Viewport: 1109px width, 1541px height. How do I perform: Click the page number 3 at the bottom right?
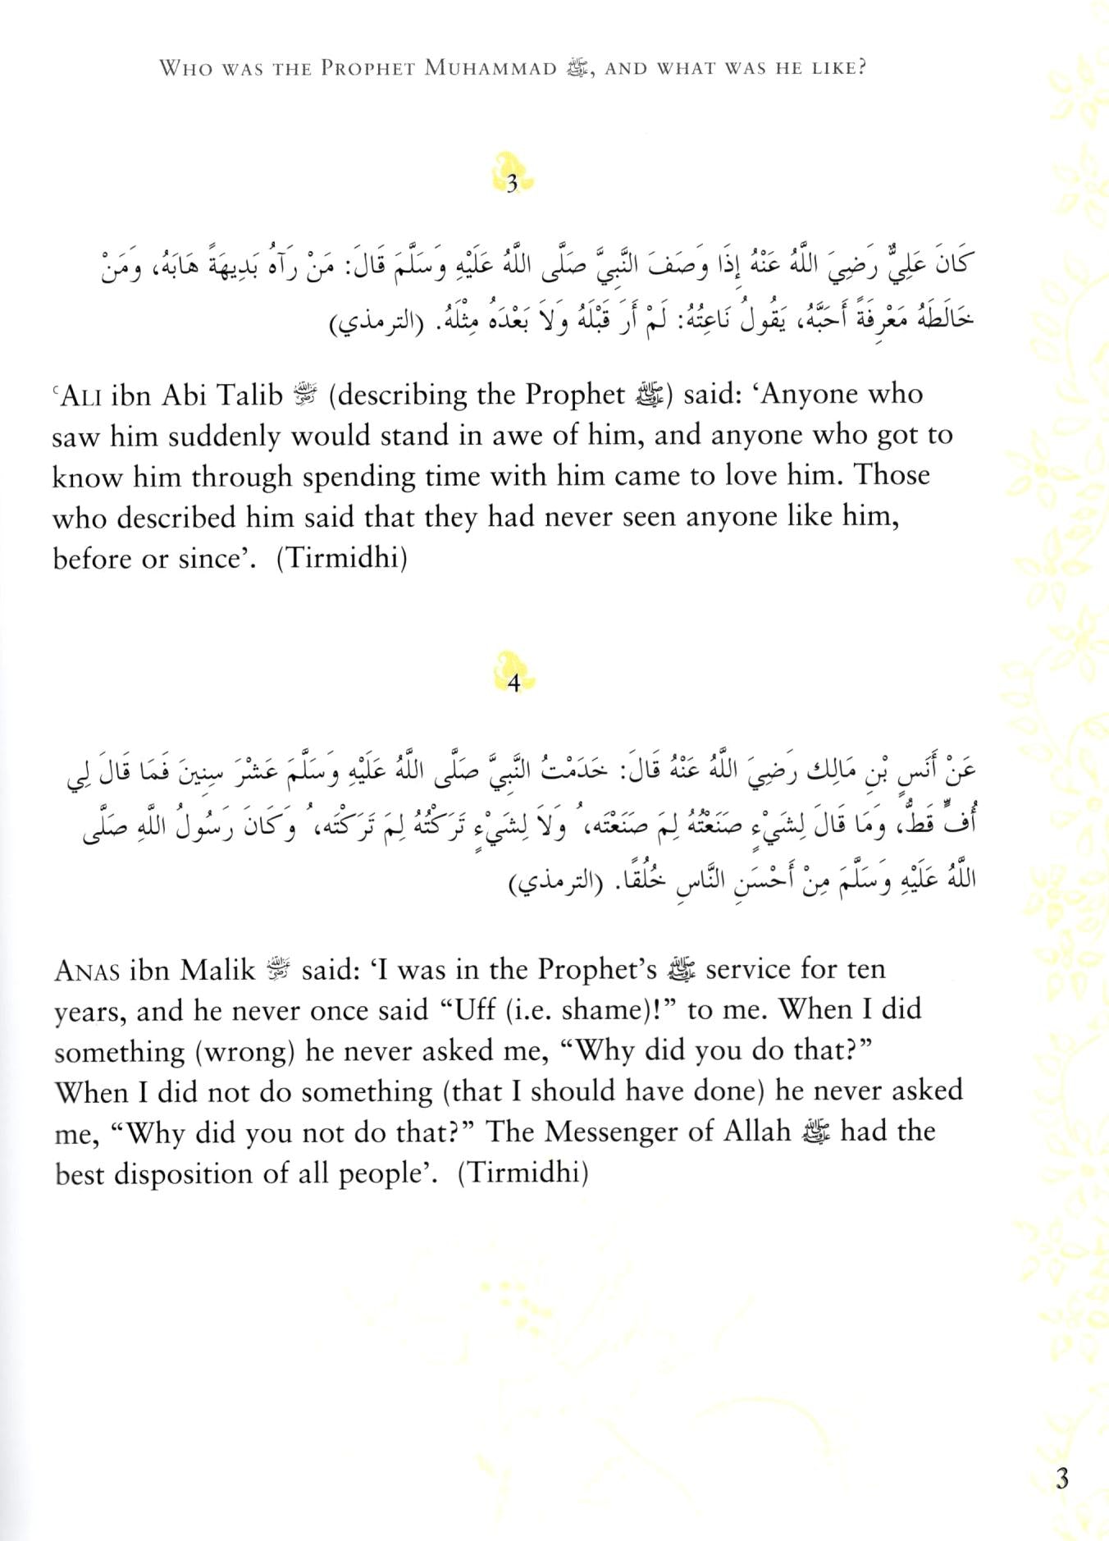(x=1062, y=1479)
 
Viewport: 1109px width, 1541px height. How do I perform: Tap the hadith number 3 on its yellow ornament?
(x=513, y=185)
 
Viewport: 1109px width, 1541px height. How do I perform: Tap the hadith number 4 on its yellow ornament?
(x=514, y=684)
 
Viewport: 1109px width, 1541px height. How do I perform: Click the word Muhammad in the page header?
(x=491, y=68)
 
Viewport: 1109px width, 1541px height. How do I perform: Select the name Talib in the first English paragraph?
(x=245, y=396)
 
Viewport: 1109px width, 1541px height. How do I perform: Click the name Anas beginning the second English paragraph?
(x=88, y=972)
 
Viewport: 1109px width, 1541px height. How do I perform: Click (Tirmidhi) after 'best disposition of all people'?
(x=523, y=1175)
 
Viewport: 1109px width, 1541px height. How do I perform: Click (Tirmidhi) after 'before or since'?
(x=342, y=560)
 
